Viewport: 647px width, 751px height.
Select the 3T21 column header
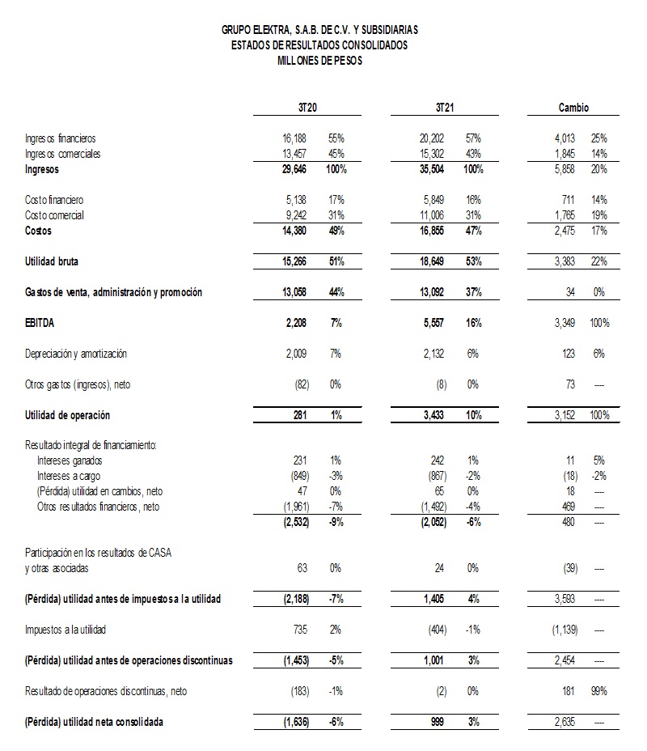(x=444, y=108)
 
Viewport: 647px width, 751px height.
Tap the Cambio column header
(x=573, y=108)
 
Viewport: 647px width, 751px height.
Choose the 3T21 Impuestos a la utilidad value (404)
(x=435, y=630)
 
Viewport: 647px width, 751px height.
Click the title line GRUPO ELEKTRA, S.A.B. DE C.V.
(x=319, y=30)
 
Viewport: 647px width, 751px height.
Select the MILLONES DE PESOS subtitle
(x=319, y=61)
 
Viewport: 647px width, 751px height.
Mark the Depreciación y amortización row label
(x=76, y=354)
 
